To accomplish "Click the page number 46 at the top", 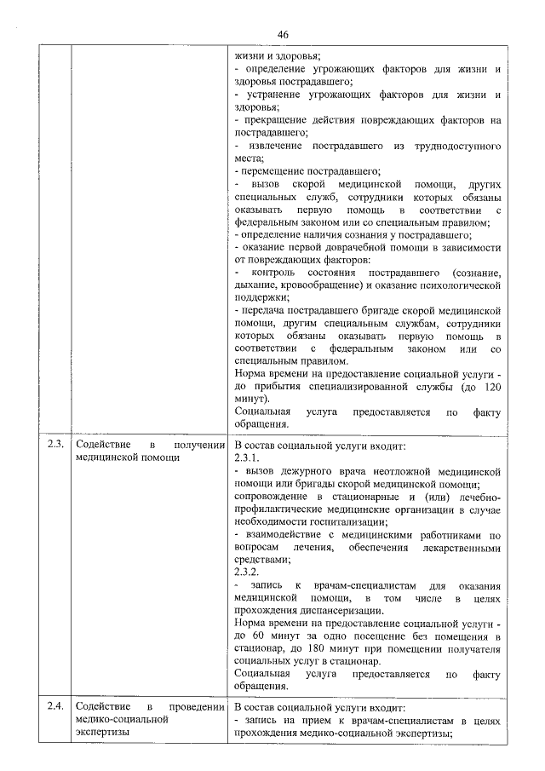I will pos(283,34).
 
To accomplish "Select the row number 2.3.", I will pos(54,445).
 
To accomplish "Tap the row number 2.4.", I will pos(54,706).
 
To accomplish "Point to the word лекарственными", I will pos(457,547).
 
